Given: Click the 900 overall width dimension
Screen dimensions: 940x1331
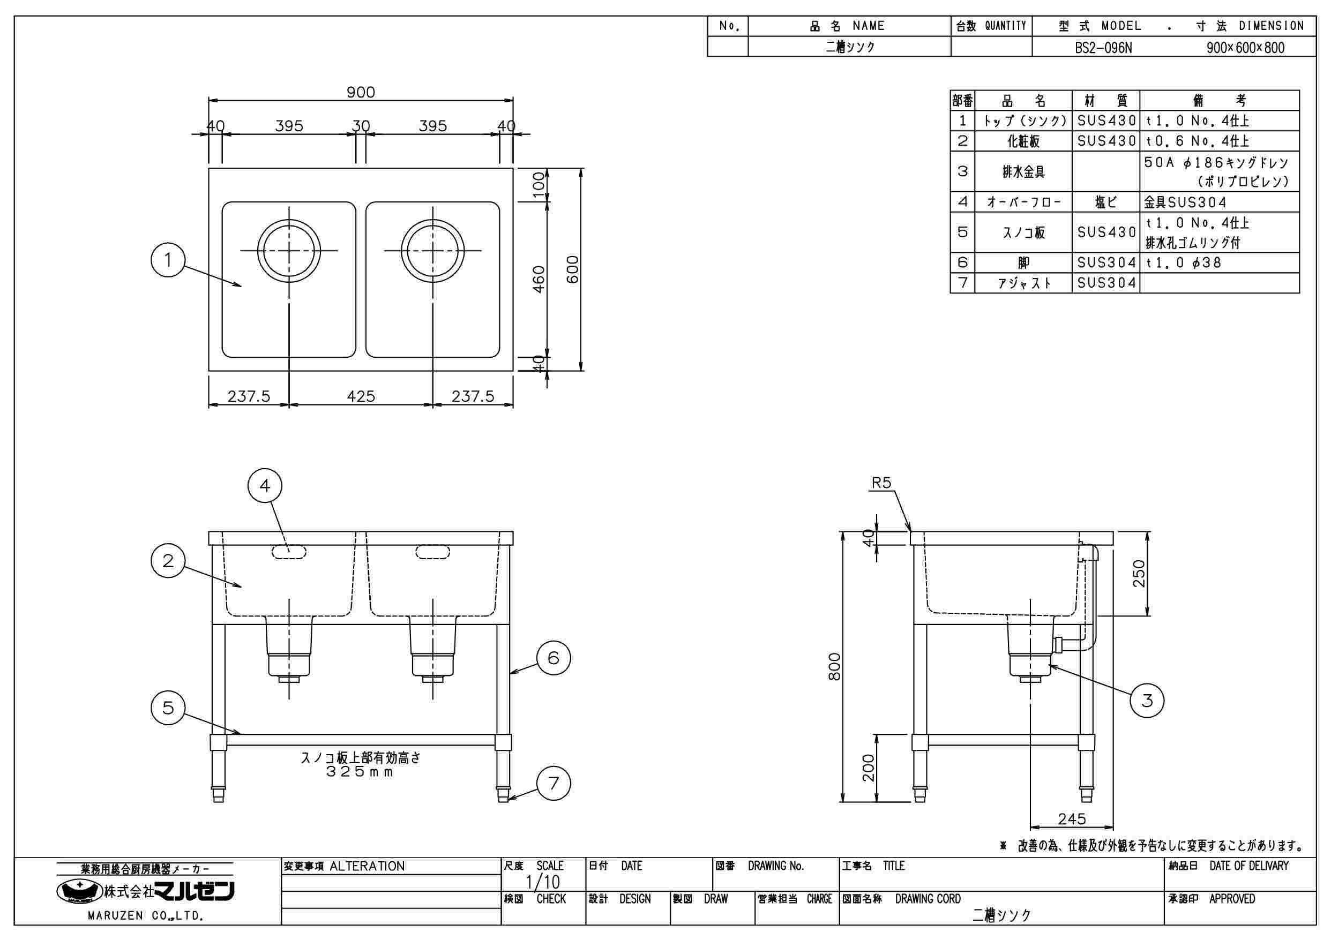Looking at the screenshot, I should tap(361, 92).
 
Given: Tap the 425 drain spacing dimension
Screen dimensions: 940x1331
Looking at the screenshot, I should tap(361, 396).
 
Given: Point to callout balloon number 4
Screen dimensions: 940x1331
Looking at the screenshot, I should tap(265, 486).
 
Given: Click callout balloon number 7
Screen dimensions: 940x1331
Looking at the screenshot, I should tap(554, 784).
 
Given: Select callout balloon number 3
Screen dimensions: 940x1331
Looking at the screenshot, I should tap(1147, 701).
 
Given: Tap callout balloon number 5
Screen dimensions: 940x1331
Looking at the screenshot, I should tap(168, 708).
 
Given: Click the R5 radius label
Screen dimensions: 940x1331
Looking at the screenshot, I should tap(881, 483).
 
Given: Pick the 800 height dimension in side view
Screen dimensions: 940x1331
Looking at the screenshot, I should tap(834, 666).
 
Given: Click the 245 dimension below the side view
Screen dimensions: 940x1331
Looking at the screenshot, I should tap(1071, 819).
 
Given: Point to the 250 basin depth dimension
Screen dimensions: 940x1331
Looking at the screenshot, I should tap(1139, 573).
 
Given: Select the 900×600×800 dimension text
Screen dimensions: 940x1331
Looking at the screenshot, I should tap(1245, 48).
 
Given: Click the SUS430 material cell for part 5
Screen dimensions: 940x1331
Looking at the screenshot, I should tap(1106, 232).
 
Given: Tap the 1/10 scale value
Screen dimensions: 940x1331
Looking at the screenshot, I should tap(543, 882).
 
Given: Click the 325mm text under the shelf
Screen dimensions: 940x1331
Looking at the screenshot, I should tap(360, 772).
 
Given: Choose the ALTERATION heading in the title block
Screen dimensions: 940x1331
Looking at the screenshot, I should tap(367, 867).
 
